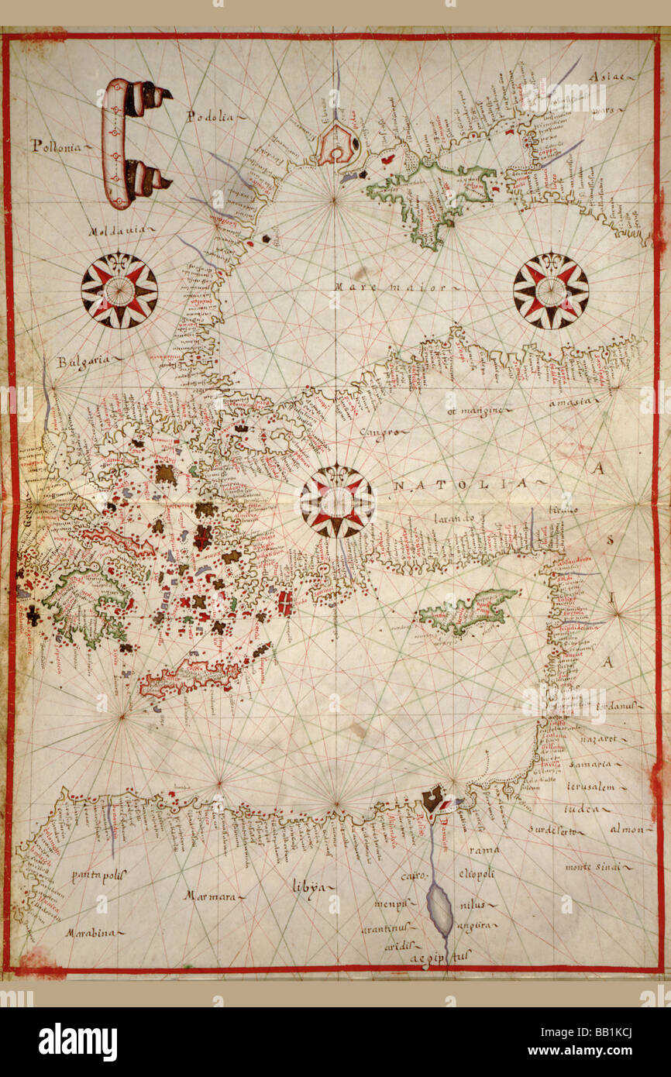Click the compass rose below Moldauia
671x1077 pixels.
point(119,291)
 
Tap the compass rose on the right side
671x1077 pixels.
point(550,291)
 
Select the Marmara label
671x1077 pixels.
point(210,896)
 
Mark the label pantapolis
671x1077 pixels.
point(98,876)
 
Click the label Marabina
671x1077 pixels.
point(91,933)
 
